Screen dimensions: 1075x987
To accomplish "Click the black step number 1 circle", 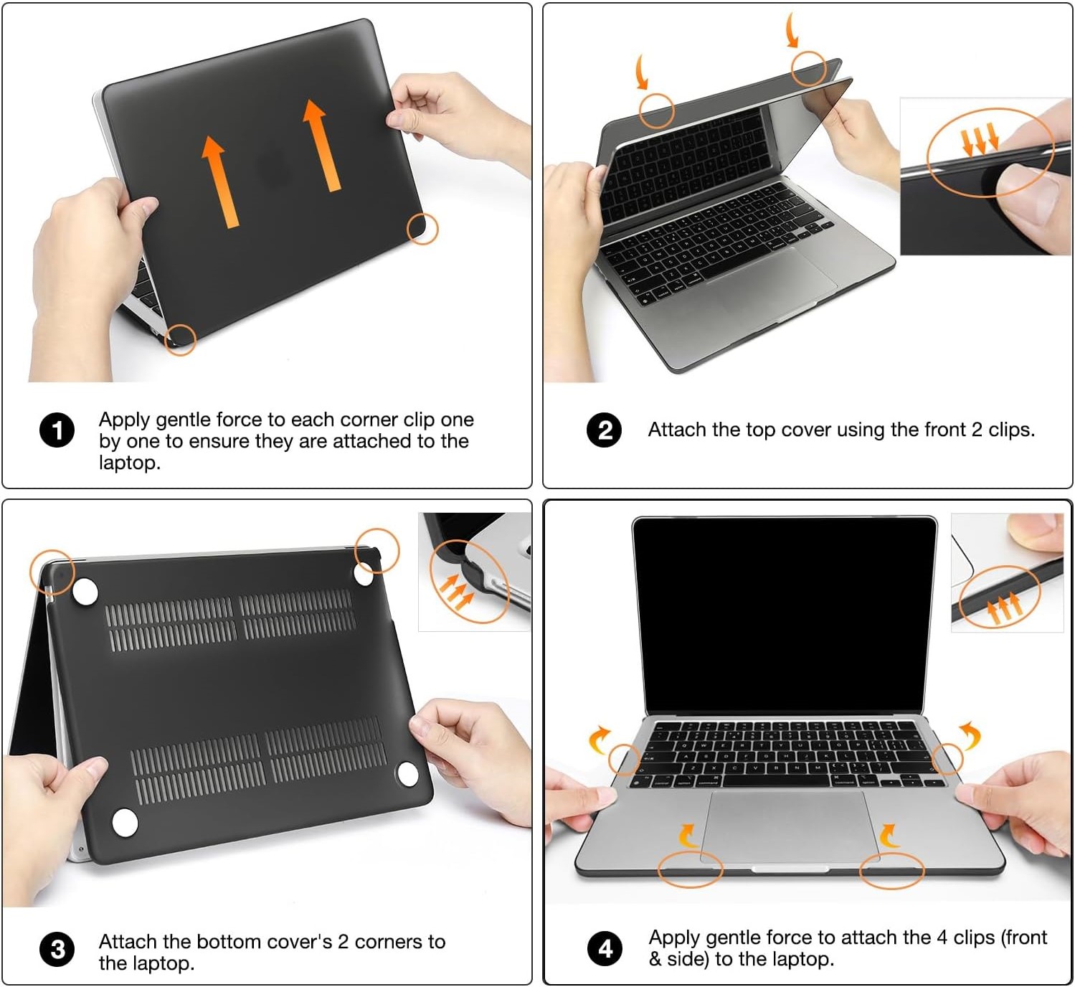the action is coord(57,430).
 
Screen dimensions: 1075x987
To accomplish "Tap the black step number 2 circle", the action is coord(604,430).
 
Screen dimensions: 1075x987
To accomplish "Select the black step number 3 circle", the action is coord(57,950).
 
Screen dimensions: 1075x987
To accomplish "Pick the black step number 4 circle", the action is coord(605,950).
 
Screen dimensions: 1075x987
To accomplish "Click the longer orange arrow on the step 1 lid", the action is coord(322,145).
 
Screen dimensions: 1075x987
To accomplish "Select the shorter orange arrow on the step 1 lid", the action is coord(219,181).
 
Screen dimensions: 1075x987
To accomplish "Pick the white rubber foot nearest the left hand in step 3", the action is coord(125,823).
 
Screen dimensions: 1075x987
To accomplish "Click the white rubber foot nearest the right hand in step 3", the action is coord(407,774).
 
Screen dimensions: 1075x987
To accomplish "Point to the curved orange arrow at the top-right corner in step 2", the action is coord(792,31).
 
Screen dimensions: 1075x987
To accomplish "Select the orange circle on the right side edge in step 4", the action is coord(947,759).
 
